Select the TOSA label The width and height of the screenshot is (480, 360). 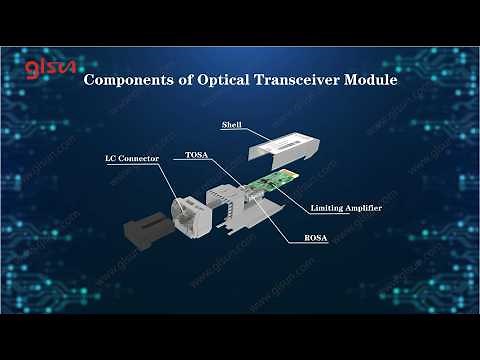[x=196, y=156]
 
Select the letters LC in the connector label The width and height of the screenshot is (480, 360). [x=112, y=159]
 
